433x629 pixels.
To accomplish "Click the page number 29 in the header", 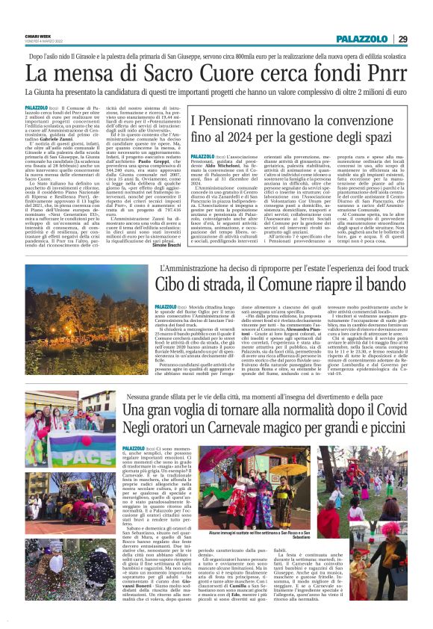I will tap(402, 39).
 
